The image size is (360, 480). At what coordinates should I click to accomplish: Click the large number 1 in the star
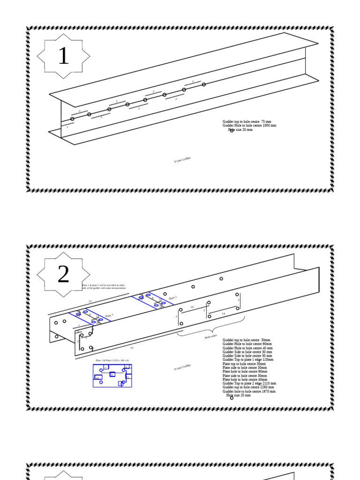coord(63,56)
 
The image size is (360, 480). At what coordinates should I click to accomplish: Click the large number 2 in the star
coord(63,275)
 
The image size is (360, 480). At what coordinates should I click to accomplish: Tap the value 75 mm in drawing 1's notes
coord(266,121)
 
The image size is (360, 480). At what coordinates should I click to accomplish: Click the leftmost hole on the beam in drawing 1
coord(72,119)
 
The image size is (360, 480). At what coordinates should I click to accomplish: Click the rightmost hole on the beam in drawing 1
coord(204,84)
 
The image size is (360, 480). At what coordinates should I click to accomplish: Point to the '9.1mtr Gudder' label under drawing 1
coord(182,160)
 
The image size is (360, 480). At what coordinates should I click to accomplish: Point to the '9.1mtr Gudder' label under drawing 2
coord(182,367)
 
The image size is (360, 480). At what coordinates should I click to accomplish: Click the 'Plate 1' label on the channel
coord(109,316)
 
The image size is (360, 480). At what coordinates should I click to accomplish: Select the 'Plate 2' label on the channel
coord(172,297)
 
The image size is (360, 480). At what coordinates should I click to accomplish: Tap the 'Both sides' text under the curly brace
coord(210,336)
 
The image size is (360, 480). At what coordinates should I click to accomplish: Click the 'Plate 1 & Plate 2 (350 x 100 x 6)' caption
coord(112,360)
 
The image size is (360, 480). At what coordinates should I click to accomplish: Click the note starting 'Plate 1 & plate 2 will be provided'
coord(104,286)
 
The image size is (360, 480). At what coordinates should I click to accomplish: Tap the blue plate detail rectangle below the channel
coord(112,375)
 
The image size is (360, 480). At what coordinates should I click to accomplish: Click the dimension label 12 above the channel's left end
coord(90,301)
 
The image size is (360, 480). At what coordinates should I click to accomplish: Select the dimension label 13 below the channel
coord(132,348)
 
